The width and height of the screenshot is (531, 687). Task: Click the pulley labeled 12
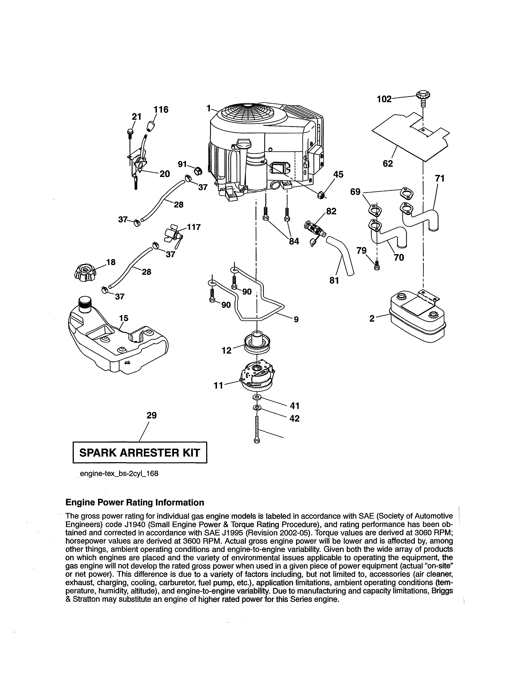[x=257, y=343]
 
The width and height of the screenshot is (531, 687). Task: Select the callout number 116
[x=161, y=110]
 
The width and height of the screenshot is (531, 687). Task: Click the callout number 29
[x=151, y=416]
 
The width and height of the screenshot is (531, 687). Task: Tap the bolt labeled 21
[x=130, y=133]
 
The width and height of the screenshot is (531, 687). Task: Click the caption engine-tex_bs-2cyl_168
[x=119, y=474]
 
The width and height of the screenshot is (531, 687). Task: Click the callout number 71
[x=439, y=178]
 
